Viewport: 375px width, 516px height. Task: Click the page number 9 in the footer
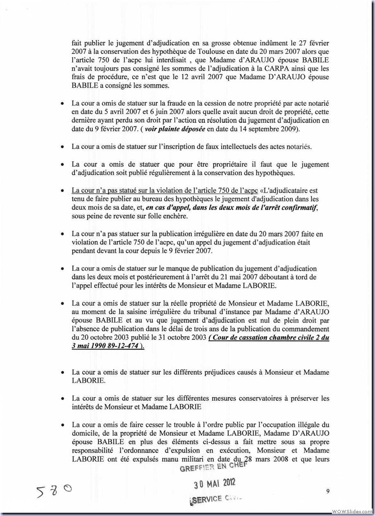click(328, 491)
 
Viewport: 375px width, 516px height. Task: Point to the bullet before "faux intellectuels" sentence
click(62, 147)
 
